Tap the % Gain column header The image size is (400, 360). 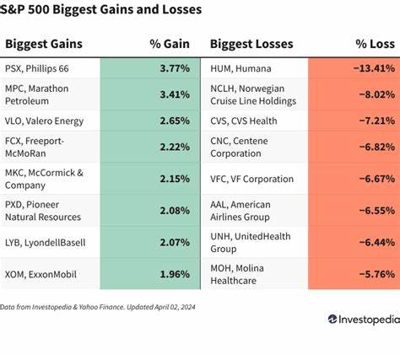click(167, 44)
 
